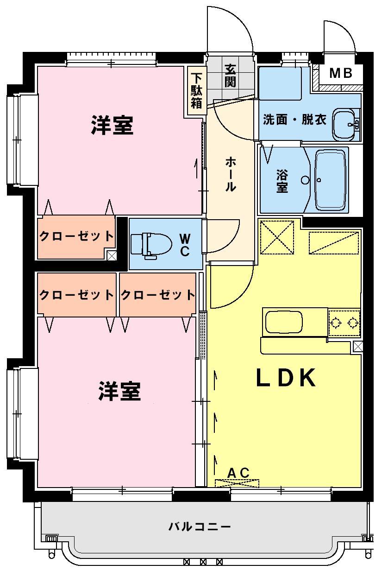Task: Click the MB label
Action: (x=341, y=73)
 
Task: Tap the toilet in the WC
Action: (x=151, y=245)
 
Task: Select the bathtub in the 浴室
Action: (x=331, y=180)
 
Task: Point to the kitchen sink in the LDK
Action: (x=284, y=322)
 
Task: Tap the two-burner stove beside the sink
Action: (x=344, y=323)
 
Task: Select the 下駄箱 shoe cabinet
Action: (x=197, y=91)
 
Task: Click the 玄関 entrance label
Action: (x=230, y=76)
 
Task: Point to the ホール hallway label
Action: (x=230, y=175)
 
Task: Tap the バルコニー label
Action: (x=200, y=526)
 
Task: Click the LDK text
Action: (x=286, y=378)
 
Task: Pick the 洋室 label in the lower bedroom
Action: (x=119, y=391)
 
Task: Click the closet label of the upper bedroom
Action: (x=76, y=236)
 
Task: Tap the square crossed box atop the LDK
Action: (x=277, y=237)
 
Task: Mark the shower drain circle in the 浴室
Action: (x=305, y=180)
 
